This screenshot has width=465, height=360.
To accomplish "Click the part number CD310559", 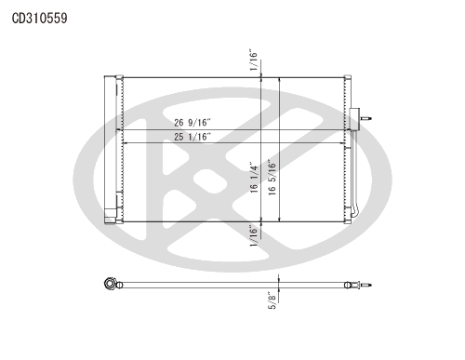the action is [x=40, y=19].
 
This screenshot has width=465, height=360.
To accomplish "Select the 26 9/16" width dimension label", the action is [x=193, y=123].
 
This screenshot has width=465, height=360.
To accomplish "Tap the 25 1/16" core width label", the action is [x=193, y=137].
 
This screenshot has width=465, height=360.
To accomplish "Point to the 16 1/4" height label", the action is [x=254, y=177].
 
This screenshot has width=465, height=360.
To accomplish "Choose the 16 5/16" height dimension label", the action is [x=272, y=177].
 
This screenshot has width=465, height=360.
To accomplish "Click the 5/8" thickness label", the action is [x=272, y=300].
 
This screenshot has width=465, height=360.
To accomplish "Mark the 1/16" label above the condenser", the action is [x=254, y=60].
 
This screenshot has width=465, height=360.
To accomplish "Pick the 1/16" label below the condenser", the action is [x=254, y=236].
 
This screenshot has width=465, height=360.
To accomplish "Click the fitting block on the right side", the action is [x=354, y=119].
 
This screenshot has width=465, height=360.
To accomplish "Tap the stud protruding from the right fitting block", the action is [x=365, y=118].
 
